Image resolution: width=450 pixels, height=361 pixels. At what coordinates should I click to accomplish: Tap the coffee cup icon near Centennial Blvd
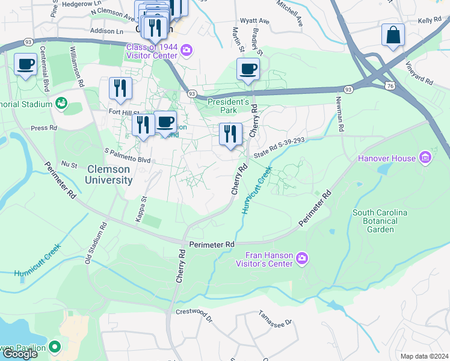(x=26, y=64)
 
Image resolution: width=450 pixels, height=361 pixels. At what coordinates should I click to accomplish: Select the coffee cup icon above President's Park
(x=248, y=69)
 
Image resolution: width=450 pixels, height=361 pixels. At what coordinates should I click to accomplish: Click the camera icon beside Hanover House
(x=426, y=158)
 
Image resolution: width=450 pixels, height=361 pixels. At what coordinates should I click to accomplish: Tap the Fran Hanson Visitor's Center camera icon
(x=302, y=259)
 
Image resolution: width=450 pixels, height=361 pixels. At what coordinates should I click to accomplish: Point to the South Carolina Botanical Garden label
(x=380, y=221)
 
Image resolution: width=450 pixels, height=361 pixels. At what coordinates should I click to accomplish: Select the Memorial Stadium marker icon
(x=61, y=104)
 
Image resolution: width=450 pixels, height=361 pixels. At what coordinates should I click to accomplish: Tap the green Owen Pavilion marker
(x=55, y=347)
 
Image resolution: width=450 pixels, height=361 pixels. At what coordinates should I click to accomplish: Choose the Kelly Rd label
(x=430, y=20)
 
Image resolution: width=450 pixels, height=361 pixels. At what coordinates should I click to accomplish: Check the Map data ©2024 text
(x=424, y=356)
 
